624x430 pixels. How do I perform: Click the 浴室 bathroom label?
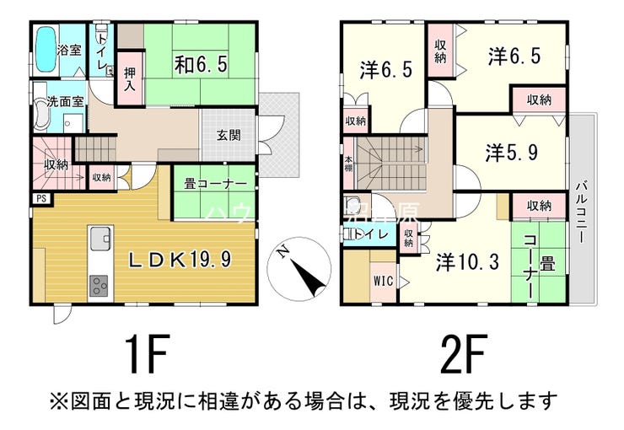click(69, 50)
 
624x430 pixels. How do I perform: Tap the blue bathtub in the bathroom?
click(45, 50)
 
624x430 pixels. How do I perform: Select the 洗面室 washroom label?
click(59, 101)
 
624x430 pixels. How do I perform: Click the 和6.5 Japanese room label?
click(202, 63)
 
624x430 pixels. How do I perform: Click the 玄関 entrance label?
click(228, 135)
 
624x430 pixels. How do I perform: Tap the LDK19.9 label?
click(179, 259)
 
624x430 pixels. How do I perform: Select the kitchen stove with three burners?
click(99, 286)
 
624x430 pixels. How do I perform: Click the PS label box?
click(40, 199)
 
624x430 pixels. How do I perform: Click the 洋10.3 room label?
click(468, 261)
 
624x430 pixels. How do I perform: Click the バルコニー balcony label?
click(582, 211)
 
